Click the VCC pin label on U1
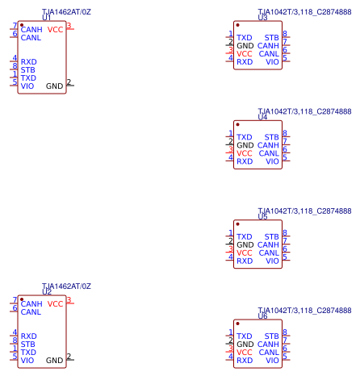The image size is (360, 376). coord(55,30)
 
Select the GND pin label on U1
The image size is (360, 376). coord(54,86)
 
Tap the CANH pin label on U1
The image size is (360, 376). coord(31,30)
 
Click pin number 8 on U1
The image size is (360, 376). coord(15,66)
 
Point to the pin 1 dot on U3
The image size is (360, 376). coord(237,25)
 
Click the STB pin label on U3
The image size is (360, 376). coord(271,38)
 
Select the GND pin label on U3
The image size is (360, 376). coord(245,46)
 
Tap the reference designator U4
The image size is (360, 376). coord(262,117)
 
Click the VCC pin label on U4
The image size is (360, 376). coord(245,153)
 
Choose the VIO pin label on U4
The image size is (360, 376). coord(272,161)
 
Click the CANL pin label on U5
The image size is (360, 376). coord(269,253)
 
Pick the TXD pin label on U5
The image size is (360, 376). coord(245,236)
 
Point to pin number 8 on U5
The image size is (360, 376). coord(285,232)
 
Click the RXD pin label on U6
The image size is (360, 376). coord(245,361)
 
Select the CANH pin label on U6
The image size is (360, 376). coord(268,345)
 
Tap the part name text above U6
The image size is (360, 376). coord(304,311)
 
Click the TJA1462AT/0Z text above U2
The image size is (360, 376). coord(66,286)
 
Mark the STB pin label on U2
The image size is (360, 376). coord(27,345)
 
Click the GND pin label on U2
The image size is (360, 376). coord(54,361)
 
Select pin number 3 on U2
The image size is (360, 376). coord(69,300)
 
